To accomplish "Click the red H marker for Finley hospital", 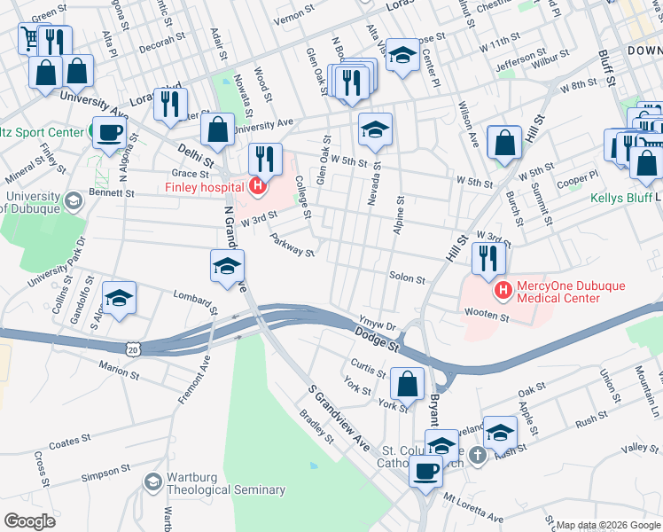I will [258, 185].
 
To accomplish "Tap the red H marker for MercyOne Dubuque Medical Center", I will [503, 290].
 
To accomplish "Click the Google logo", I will [29, 520].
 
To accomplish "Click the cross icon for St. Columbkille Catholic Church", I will [478, 456].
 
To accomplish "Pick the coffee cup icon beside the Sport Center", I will [109, 133].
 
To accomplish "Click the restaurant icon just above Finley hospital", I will [265, 158].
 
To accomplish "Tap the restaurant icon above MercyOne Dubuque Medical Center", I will [488, 257].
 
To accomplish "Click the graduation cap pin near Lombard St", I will [119, 297].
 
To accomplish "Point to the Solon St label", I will [408, 278].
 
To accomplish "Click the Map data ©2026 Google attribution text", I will [607, 525].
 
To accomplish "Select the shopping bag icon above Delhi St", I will [217, 129].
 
